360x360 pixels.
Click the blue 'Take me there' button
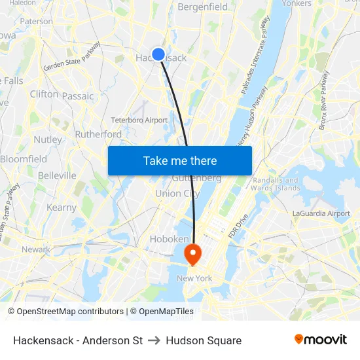[180, 160]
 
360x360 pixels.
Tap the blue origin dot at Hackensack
[158, 55]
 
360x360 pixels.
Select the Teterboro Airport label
[139, 120]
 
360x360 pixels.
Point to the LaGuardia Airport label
[321, 213]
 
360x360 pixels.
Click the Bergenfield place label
[203, 7]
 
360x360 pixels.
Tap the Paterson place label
[37, 22]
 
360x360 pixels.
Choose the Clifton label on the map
[44, 94]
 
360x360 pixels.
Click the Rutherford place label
[98, 134]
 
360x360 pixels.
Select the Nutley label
[48, 139]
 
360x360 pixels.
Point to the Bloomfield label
[24, 159]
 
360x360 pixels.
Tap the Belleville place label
[57, 175]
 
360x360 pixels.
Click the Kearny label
[62, 207]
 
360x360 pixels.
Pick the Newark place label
[35, 249]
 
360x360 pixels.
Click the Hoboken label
[169, 240]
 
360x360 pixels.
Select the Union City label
[177, 194]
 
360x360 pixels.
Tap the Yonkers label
[296, 3]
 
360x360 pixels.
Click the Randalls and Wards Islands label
[276, 184]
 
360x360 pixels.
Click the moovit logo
[320, 340]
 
